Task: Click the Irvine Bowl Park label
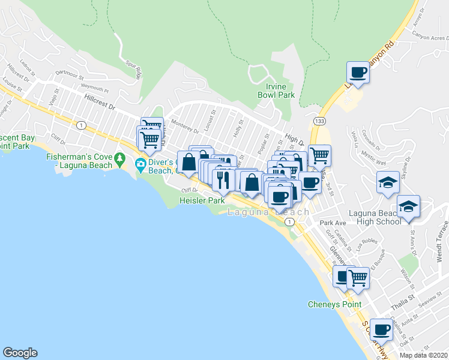(276, 91)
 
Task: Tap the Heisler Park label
(202, 201)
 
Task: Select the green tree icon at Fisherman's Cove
(120, 160)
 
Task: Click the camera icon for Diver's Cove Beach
(140, 163)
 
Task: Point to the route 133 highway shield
(322, 120)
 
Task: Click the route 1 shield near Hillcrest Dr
(80, 124)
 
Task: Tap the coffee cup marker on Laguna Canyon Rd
(358, 73)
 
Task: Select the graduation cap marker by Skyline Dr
(388, 181)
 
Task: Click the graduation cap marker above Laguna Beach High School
(409, 207)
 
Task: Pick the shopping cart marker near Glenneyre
(358, 278)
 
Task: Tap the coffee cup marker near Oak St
(381, 329)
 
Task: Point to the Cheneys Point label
(334, 304)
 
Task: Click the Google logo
(20, 353)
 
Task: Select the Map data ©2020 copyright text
(423, 355)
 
